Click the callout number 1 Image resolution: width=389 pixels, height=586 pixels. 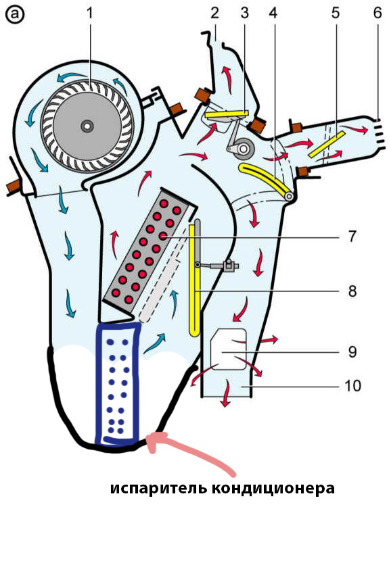[89, 13]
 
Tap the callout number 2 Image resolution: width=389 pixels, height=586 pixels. [214, 13]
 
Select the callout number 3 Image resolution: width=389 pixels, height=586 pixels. [245, 13]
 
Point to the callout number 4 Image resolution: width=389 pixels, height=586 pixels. [273, 13]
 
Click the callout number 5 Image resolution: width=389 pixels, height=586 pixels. [336, 13]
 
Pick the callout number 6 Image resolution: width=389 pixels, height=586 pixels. [377, 13]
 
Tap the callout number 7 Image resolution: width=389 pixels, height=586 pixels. [352, 236]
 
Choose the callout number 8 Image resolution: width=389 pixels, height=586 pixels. [352, 291]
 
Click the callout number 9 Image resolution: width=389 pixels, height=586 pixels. [352, 351]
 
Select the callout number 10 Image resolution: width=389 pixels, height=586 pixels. [352, 386]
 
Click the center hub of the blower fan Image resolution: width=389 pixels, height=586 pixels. [87, 126]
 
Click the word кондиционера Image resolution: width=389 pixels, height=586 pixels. [273, 489]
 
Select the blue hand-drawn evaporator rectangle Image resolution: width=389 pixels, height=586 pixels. [118, 384]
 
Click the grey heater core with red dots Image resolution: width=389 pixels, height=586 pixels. [150, 249]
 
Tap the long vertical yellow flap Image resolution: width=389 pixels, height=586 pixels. [194, 278]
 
